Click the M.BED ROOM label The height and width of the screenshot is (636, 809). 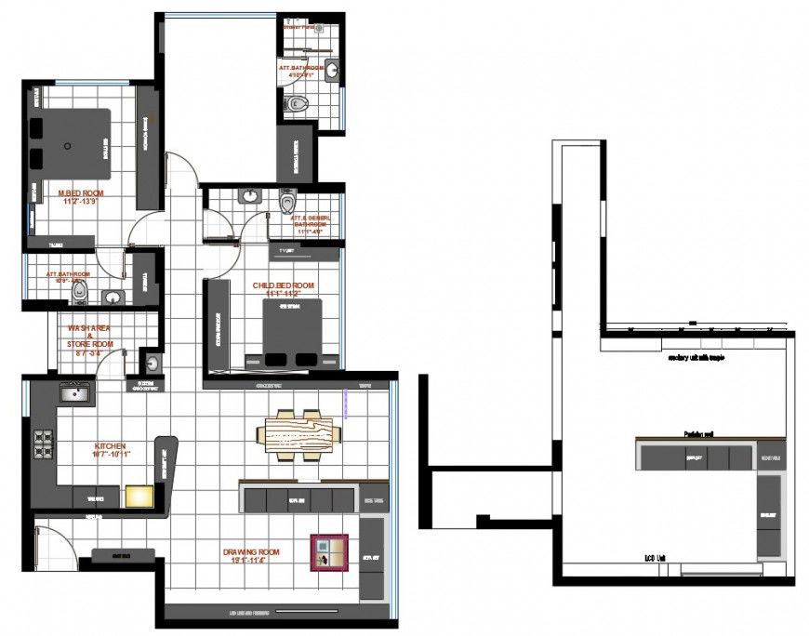[80, 192]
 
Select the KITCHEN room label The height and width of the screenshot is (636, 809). [109, 445]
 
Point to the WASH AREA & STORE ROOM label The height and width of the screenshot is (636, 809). [90, 336]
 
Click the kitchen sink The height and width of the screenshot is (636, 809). [74, 394]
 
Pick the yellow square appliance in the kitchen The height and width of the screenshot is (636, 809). [139, 496]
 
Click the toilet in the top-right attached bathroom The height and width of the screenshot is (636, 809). [296, 104]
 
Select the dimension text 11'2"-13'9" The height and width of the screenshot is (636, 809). [80, 201]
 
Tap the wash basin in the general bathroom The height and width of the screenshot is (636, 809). [249, 196]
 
